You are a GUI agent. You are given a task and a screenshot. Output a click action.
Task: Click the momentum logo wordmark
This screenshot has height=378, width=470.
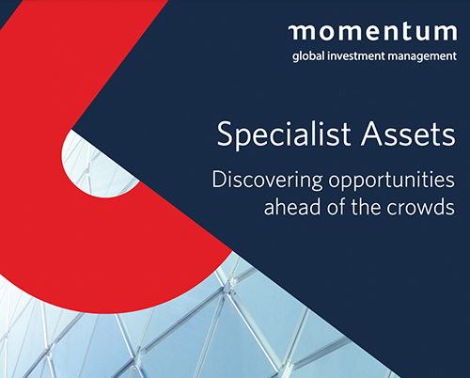(x=372, y=32)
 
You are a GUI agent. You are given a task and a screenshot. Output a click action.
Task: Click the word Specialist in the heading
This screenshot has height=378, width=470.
(x=284, y=134)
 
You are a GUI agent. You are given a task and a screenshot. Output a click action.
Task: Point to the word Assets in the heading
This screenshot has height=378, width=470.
(x=408, y=134)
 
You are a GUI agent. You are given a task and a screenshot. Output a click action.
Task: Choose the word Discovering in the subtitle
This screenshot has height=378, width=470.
(x=267, y=180)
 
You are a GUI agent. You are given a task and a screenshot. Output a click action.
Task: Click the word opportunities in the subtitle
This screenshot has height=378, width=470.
(x=392, y=180)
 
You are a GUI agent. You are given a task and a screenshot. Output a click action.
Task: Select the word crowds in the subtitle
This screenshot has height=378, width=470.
(x=421, y=207)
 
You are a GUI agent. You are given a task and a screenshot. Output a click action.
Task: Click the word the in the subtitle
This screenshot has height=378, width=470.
(x=366, y=207)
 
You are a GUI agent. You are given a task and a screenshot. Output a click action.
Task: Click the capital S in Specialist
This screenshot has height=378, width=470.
(x=226, y=134)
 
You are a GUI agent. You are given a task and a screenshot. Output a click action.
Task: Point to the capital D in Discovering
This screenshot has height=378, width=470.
(x=220, y=179)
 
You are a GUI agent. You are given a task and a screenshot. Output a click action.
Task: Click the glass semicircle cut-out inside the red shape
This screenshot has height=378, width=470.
(x=94, y=163)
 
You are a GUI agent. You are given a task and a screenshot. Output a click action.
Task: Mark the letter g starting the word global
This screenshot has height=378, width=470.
(x=295, y=58)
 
